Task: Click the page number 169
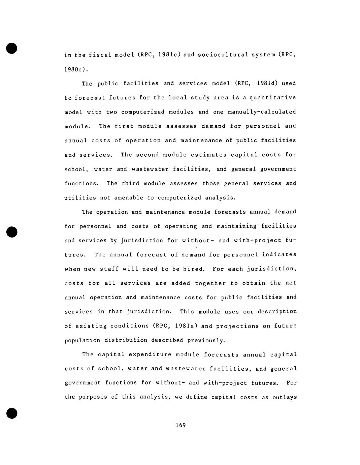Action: (x=181, y=425)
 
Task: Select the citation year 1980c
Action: (x=76, y=69)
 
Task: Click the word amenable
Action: (x=129, y=198)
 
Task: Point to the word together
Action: (x=210, y=283)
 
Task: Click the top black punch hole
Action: (x=11, y=48)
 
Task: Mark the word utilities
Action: (x=80, y=198)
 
